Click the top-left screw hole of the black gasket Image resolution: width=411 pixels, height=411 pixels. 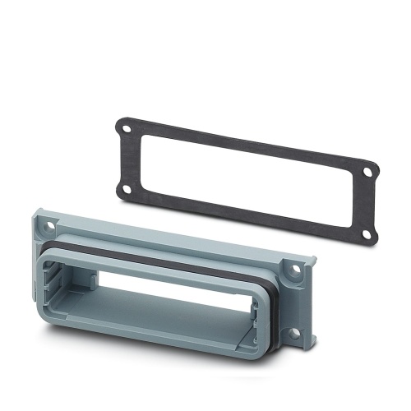tap(125, 128)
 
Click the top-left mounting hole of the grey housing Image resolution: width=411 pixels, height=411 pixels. tap(47, 222)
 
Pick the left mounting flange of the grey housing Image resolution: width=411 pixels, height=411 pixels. tap(41, 247)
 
